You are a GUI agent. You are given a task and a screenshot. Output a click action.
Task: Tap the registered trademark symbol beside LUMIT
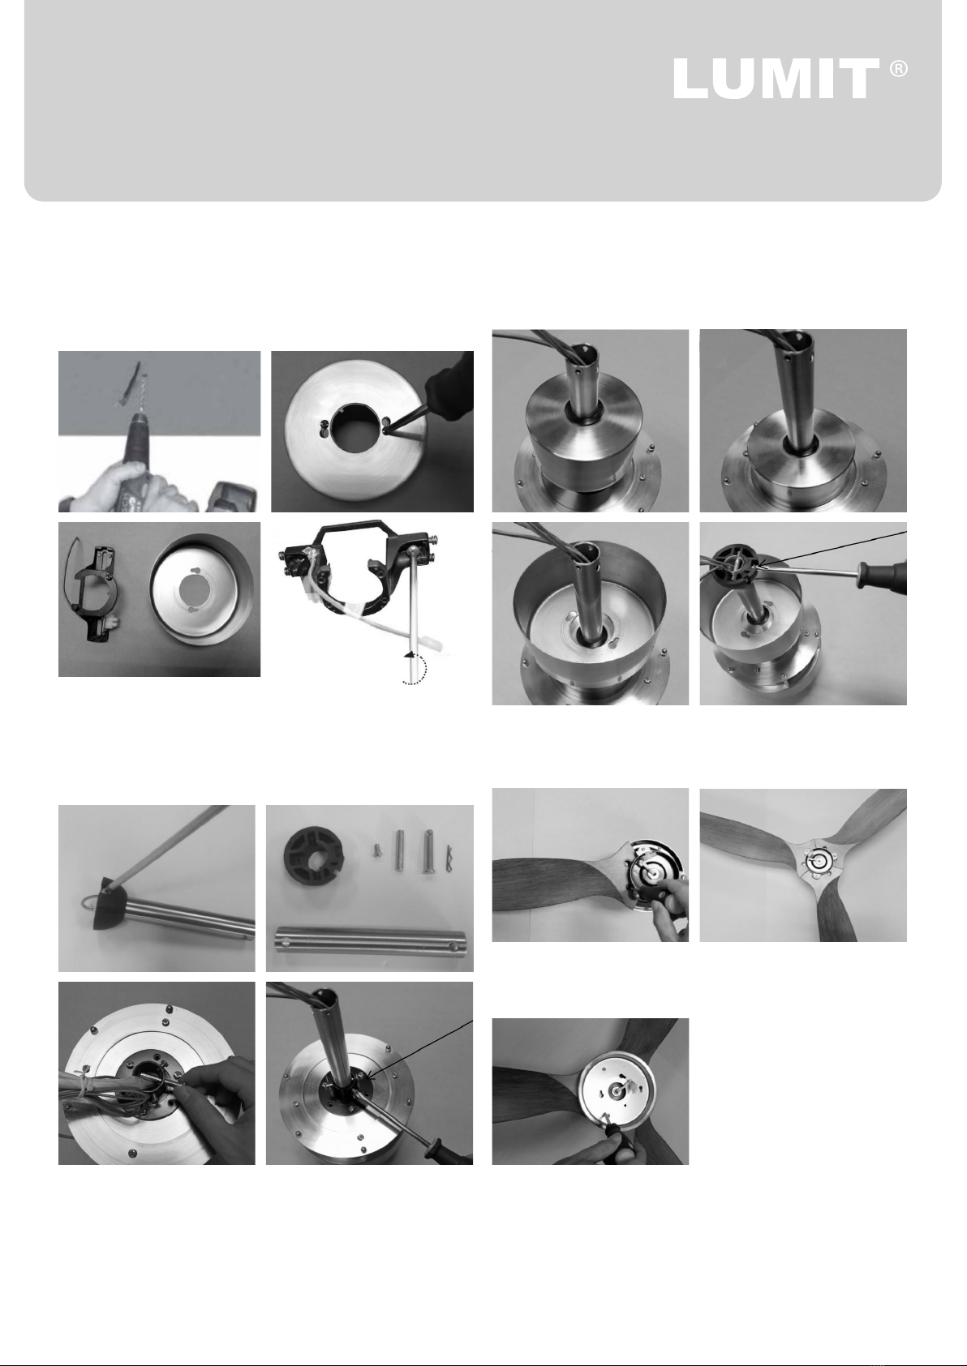(x=899, y=69)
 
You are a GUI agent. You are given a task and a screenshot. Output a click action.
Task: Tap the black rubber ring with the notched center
(x=314, y=855)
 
